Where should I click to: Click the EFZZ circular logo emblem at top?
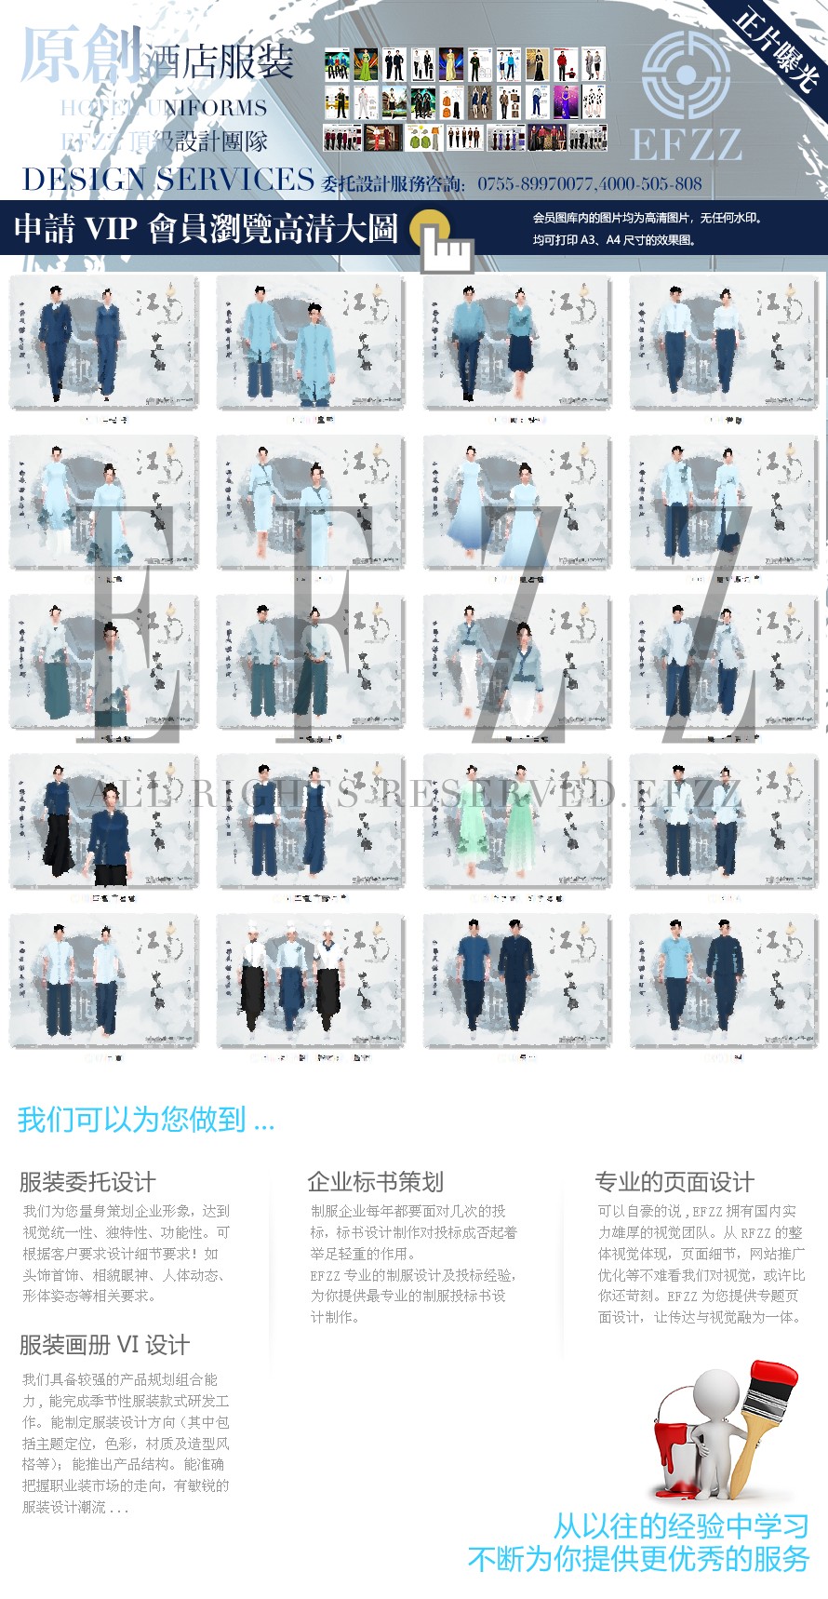coord(686,74)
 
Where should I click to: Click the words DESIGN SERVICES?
coord(167,180)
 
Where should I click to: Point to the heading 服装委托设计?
coord(87,1182)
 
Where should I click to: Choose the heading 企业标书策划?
coord(375,1182)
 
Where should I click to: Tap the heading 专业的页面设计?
coord(674,1182)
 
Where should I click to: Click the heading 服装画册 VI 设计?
coord(104,1345)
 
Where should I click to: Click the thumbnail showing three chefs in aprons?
coord(311,981)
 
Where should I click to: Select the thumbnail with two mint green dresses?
coord(517,821)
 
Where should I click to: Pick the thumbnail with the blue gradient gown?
coord(517,503)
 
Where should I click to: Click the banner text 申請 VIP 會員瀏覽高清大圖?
coord(206,228)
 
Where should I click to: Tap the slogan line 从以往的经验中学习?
coord(680,1526)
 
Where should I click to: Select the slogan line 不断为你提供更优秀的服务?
coord(638,1559)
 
